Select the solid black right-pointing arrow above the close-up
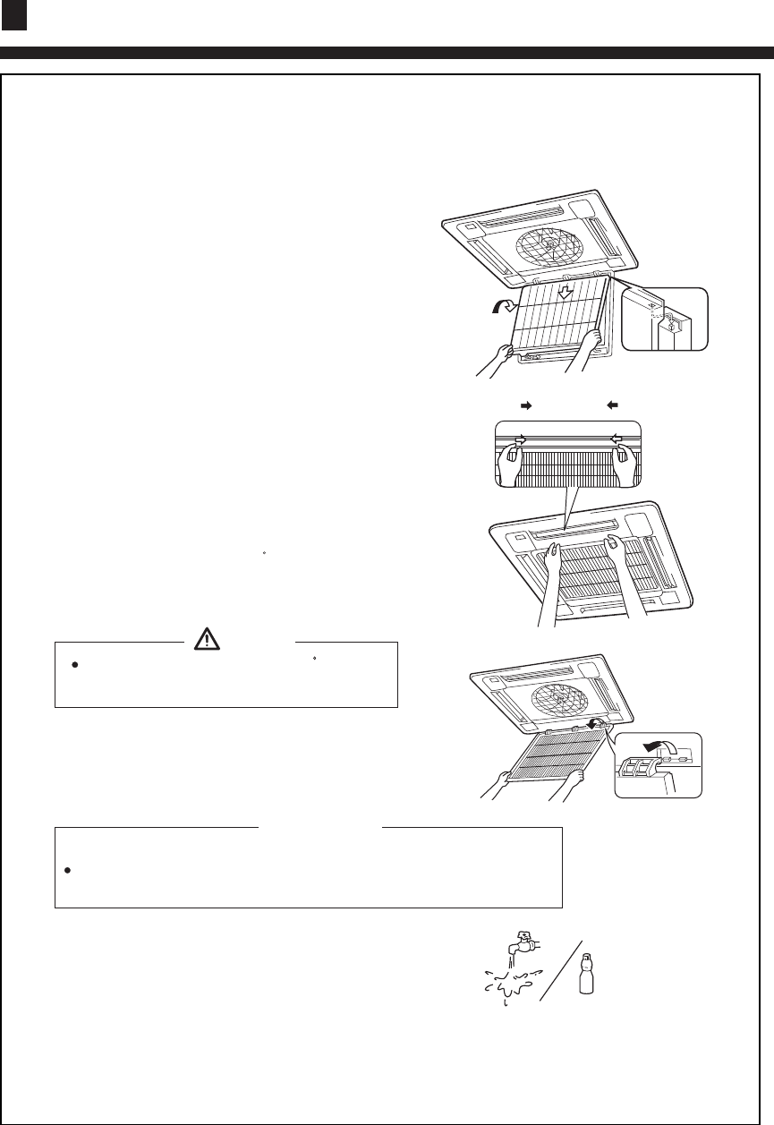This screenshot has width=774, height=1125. (528, 405)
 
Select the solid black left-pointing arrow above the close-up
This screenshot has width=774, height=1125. (612, 405)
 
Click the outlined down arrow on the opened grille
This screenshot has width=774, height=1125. (565, 293)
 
